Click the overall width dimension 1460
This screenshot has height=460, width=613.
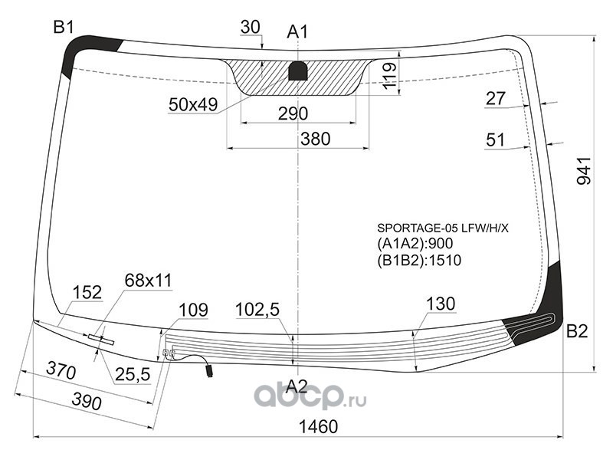tap(318, 426)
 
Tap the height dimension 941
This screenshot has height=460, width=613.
tap(585, 170)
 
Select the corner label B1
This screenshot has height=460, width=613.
tap(64, 28)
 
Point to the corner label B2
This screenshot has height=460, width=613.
tap(577, 331)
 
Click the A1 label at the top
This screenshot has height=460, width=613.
tap(297, 31)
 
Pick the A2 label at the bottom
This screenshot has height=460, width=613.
tap(297, 386)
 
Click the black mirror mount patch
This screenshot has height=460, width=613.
tap(298, 71)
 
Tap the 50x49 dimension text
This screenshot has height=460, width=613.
tap(193, 104)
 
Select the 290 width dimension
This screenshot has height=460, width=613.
tap(293, 113)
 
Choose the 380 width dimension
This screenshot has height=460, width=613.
tap(316, 139)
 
